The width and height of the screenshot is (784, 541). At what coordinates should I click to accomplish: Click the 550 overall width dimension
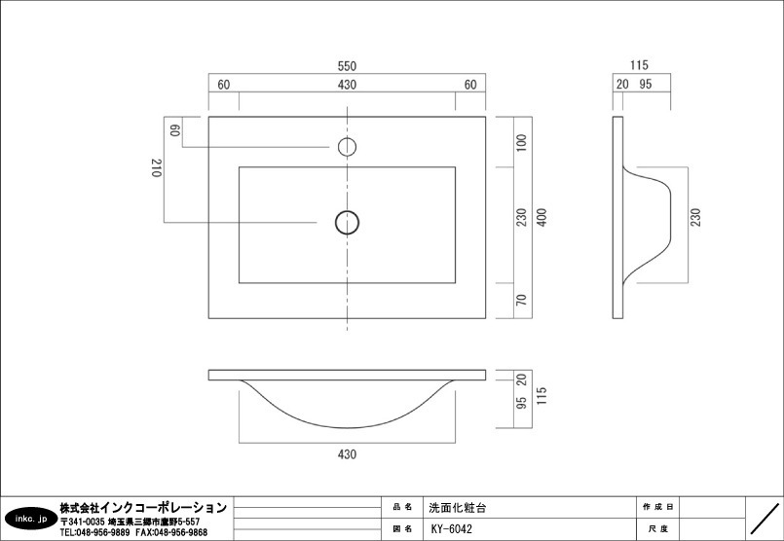coord(347,66)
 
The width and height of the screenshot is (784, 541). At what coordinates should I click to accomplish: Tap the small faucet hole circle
coord(347,147)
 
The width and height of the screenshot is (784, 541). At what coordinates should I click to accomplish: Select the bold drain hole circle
coord(347,223)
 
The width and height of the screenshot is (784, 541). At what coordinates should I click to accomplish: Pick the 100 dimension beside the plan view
coord(521,142)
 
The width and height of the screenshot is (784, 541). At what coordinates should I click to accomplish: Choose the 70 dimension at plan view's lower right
coord(521,300)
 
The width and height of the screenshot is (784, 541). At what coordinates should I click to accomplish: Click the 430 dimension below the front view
coord(347,454)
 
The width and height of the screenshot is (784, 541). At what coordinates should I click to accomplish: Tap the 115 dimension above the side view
coord(639,66)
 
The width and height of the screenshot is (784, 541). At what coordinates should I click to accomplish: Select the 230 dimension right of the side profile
coord(695,217)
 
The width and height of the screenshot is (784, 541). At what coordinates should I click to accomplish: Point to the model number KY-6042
coord(451,529)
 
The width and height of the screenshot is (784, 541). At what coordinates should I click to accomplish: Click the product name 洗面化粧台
coord(457,508)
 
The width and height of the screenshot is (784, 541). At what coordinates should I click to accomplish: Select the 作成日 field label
coord(657,508)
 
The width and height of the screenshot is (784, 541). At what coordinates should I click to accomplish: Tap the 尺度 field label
coord(657,529)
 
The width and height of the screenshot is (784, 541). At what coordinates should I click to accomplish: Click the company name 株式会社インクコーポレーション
coord(142,508)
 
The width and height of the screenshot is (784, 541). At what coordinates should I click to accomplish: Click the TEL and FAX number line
coord(133,533)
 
